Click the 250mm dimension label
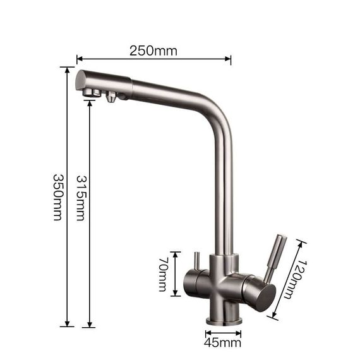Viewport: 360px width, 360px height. [x=153, y=51]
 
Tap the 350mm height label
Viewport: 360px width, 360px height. [x=57, y=197]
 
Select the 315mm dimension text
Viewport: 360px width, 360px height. [x=81, y=198]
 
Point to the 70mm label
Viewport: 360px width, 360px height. [x=164, y=274]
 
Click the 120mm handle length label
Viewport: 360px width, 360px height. [x=296, y=279]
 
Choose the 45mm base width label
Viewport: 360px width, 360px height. [x=222, y=343]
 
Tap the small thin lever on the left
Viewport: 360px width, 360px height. [x=197, y=261]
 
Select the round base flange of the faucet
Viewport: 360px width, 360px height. [x=224, y=321]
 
